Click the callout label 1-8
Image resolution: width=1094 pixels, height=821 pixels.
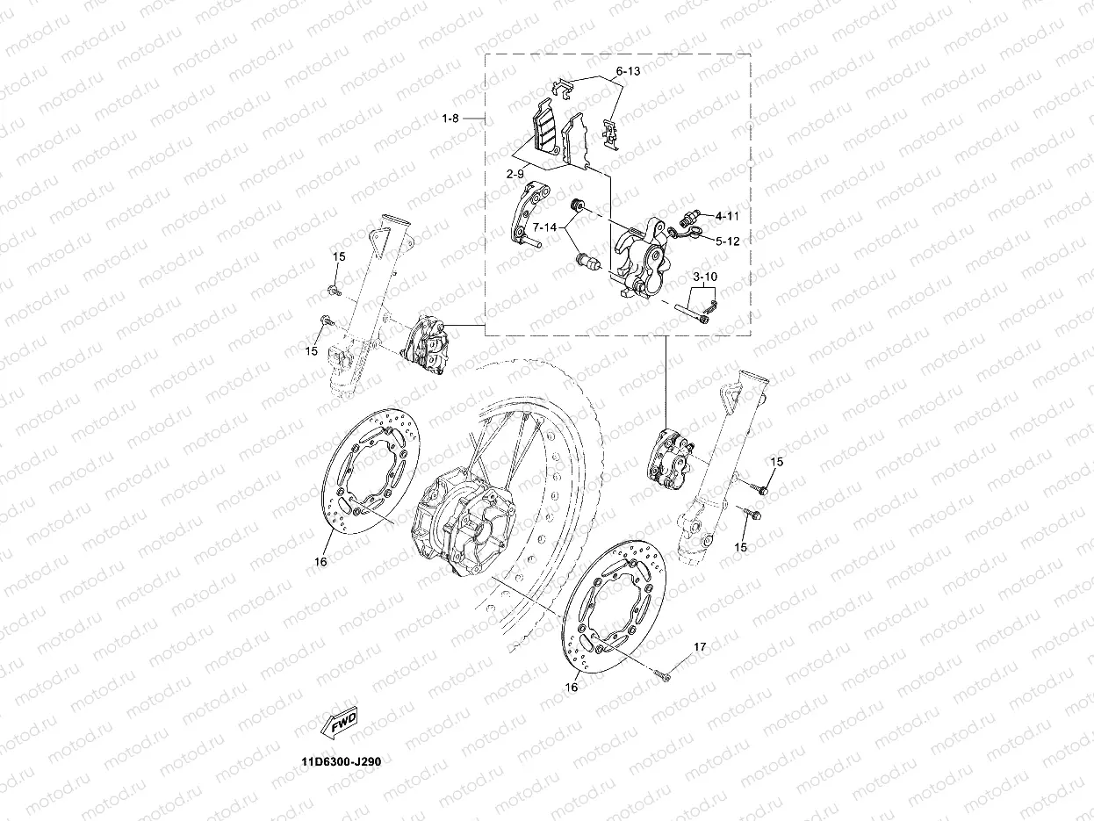(450, 118)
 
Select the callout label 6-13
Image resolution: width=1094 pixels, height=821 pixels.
(629, 70)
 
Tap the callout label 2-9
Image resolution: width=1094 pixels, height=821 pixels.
(515, 174)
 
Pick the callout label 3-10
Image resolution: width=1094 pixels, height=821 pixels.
(705, 277)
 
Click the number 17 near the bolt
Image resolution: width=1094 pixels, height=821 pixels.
(700, 647)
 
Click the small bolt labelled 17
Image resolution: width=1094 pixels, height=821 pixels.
(664, 675)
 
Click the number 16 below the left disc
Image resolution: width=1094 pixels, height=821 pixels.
(320, 561)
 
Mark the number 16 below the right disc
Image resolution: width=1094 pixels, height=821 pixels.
(572, 688)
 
